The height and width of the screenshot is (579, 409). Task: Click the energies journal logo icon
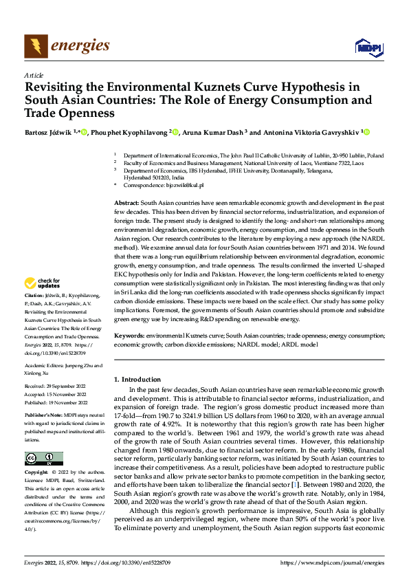[x=36, y=45]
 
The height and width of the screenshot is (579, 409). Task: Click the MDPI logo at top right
[x=366, y=47]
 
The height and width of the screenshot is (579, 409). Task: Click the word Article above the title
[x=33, y=75]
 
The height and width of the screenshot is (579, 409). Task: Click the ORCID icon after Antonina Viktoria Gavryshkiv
[x=366, y=132]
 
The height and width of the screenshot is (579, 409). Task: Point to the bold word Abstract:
[x=126, y=204]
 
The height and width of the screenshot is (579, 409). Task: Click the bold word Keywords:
[x=129, y=335]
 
